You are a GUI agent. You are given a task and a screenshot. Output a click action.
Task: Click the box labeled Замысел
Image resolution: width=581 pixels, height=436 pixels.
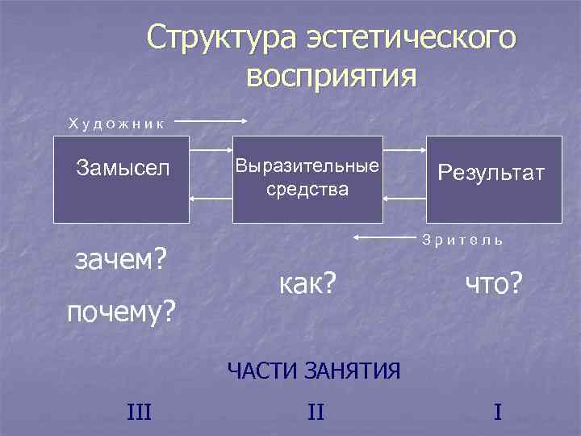[x=121, y=178]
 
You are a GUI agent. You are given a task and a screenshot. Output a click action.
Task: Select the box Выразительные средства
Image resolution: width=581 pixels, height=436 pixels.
[x=307, y=178]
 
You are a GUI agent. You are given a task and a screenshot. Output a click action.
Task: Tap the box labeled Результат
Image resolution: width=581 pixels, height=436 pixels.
[x=494, y=178]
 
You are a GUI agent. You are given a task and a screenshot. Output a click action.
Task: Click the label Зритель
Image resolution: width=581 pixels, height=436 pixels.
[x=462, y=240]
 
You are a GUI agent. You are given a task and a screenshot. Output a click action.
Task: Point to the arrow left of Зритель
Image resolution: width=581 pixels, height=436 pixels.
[x=384, y=237]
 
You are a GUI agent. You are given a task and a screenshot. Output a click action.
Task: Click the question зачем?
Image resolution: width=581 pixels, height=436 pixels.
[x=120, y=260]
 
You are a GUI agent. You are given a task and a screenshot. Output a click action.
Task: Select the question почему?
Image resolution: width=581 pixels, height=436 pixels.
[x=121, y=310]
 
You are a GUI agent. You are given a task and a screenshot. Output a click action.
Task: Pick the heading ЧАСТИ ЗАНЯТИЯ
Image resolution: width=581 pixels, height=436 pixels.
[x=314, y=371]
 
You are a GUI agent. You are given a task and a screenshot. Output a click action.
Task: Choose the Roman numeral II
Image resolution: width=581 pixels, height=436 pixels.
[x=316, y=413]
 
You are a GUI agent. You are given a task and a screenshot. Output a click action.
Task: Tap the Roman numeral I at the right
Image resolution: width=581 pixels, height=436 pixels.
[x=498, y=413]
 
